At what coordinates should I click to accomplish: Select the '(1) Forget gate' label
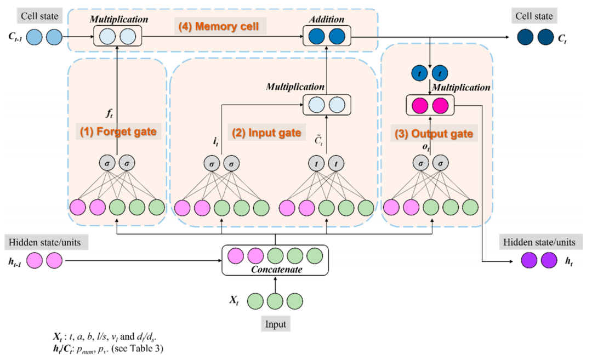point(118,132)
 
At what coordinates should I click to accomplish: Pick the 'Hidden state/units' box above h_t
point(541,242)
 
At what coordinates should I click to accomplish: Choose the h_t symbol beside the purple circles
point(568,261)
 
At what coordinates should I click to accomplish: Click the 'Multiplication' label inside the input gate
point(295,87)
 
